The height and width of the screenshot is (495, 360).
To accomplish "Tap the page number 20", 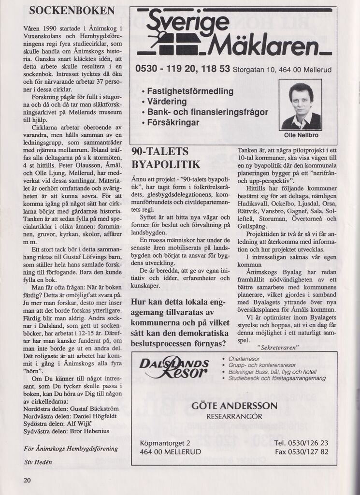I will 27,480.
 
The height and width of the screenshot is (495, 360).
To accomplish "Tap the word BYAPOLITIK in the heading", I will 166,164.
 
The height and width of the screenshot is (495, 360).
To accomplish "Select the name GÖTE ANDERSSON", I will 234,406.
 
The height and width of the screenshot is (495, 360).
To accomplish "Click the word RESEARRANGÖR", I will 234,416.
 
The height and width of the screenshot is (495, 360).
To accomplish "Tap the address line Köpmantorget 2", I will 165,443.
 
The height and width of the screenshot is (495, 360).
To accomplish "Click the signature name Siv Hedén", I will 39,461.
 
